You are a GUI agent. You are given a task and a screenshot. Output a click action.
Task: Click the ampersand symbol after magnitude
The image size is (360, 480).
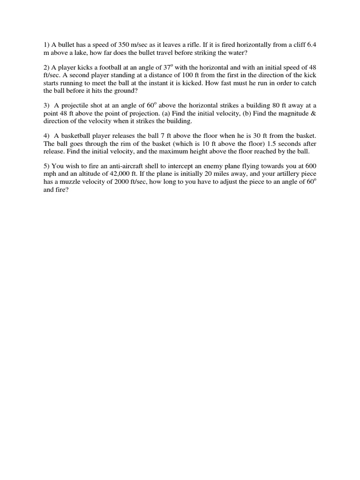point(314,113)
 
